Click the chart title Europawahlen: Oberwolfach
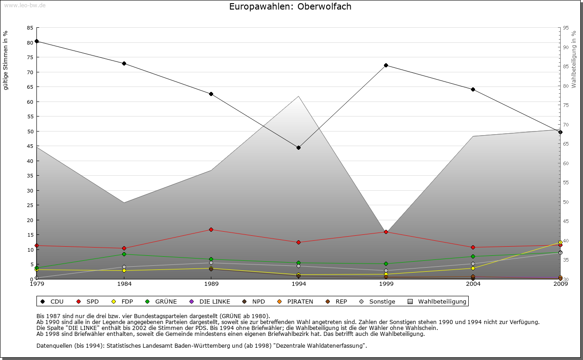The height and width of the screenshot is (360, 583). (x=290, y=7)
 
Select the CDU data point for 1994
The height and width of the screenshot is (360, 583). (x=299, y=147)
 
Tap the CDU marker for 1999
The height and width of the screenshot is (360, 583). (x=386, y=65)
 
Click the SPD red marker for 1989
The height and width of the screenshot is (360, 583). (x=211, y=229)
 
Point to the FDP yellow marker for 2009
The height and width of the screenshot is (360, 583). (x=560, y=243)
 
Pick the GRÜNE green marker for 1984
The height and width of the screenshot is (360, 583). (x=124, y=254)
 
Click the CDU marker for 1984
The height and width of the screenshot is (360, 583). (x=124, y=63)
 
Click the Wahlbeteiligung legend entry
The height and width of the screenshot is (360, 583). (x=438, y=301)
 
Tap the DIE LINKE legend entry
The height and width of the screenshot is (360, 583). (x=210, y=301)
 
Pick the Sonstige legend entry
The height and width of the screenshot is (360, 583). (x=378, y=301)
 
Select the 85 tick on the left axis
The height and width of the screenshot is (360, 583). (x=30, y=28)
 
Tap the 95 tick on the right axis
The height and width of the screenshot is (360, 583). (x=566, y=28)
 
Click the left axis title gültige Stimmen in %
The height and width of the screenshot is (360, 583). (x=6, y=61)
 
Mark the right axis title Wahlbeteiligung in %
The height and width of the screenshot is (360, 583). (x=574, y=59)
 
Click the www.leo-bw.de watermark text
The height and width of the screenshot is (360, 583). (x=24, y=5)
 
